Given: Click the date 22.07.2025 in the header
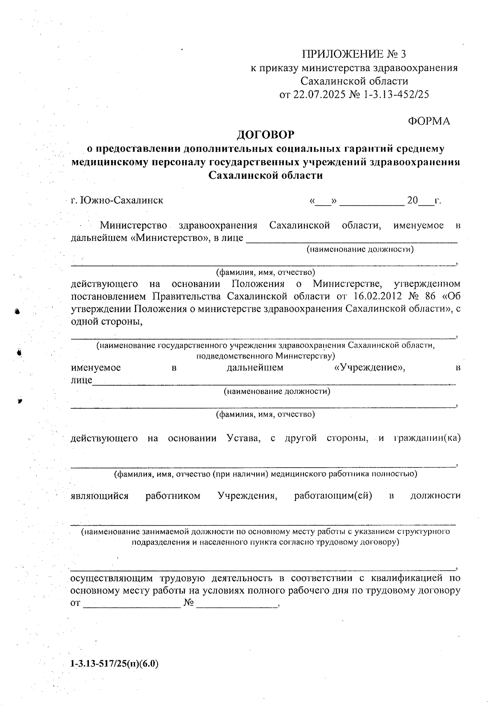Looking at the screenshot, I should pos(319,94).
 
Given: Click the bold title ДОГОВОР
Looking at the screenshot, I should pos(266,135).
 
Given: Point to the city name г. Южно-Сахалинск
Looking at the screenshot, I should pos(117,200).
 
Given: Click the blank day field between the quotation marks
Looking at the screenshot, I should pos(324,202).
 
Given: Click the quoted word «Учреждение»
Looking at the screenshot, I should pos(369,368).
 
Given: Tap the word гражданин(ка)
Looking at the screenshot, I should pos(427,438).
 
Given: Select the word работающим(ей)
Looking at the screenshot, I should pos(333,496).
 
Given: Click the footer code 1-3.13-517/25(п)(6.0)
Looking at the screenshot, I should pos(114,664).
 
